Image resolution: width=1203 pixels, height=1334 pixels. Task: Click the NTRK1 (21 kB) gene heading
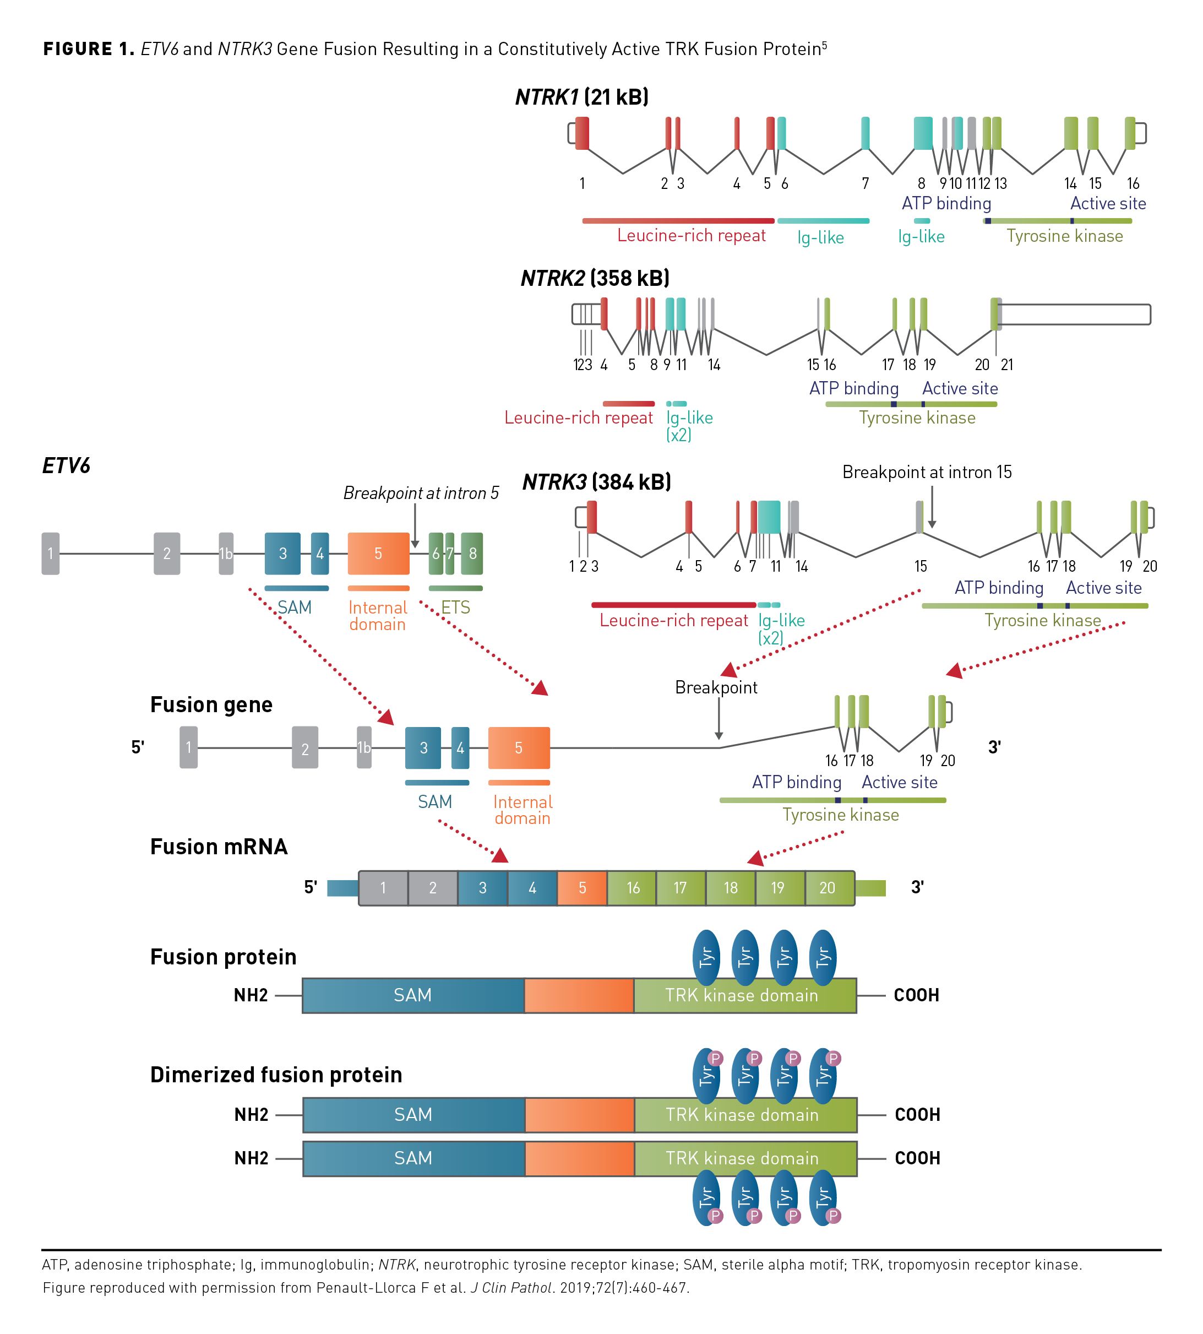click(x=581, y=97)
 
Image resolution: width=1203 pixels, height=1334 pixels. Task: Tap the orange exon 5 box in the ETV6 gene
click(x=378, y=554)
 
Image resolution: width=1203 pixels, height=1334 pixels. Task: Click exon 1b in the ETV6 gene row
click(x=226, y=554)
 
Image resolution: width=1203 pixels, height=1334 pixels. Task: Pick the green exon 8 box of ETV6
click(x=472, y=554)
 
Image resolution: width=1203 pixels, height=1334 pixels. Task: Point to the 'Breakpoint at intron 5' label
click(x=421, y=493)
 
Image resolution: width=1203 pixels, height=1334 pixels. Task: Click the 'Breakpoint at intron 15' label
click(x=926, y=472)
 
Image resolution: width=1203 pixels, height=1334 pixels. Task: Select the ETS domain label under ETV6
click(x=455, y=607)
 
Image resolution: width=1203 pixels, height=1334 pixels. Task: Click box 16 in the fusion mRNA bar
click(x=633, y=887)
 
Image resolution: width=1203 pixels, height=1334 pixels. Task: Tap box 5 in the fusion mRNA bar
click(x=583, y=887)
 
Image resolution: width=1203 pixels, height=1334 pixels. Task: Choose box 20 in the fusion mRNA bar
click(x=827, y=887)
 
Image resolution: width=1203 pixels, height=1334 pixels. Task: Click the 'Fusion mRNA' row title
click(x=219, y=847)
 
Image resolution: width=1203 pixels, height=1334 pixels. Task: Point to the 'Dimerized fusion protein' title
click(x=276, y=1075)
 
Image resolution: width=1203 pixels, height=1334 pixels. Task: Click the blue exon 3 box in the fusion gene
click(x=423, y=748)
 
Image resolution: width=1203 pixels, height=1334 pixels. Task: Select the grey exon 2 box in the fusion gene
click(x=304, y=748)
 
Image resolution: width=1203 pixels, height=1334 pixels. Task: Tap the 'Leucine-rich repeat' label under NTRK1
click(x=691, y=235)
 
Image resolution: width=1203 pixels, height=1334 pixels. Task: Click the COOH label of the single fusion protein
click(x=916, y=995)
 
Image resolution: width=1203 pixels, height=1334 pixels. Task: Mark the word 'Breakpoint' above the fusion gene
click(x=716, y=688)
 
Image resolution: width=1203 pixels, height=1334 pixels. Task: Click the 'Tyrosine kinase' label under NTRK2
click(x=917, y=418)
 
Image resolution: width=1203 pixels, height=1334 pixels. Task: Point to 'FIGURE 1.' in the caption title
click(x=89, y=49)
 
